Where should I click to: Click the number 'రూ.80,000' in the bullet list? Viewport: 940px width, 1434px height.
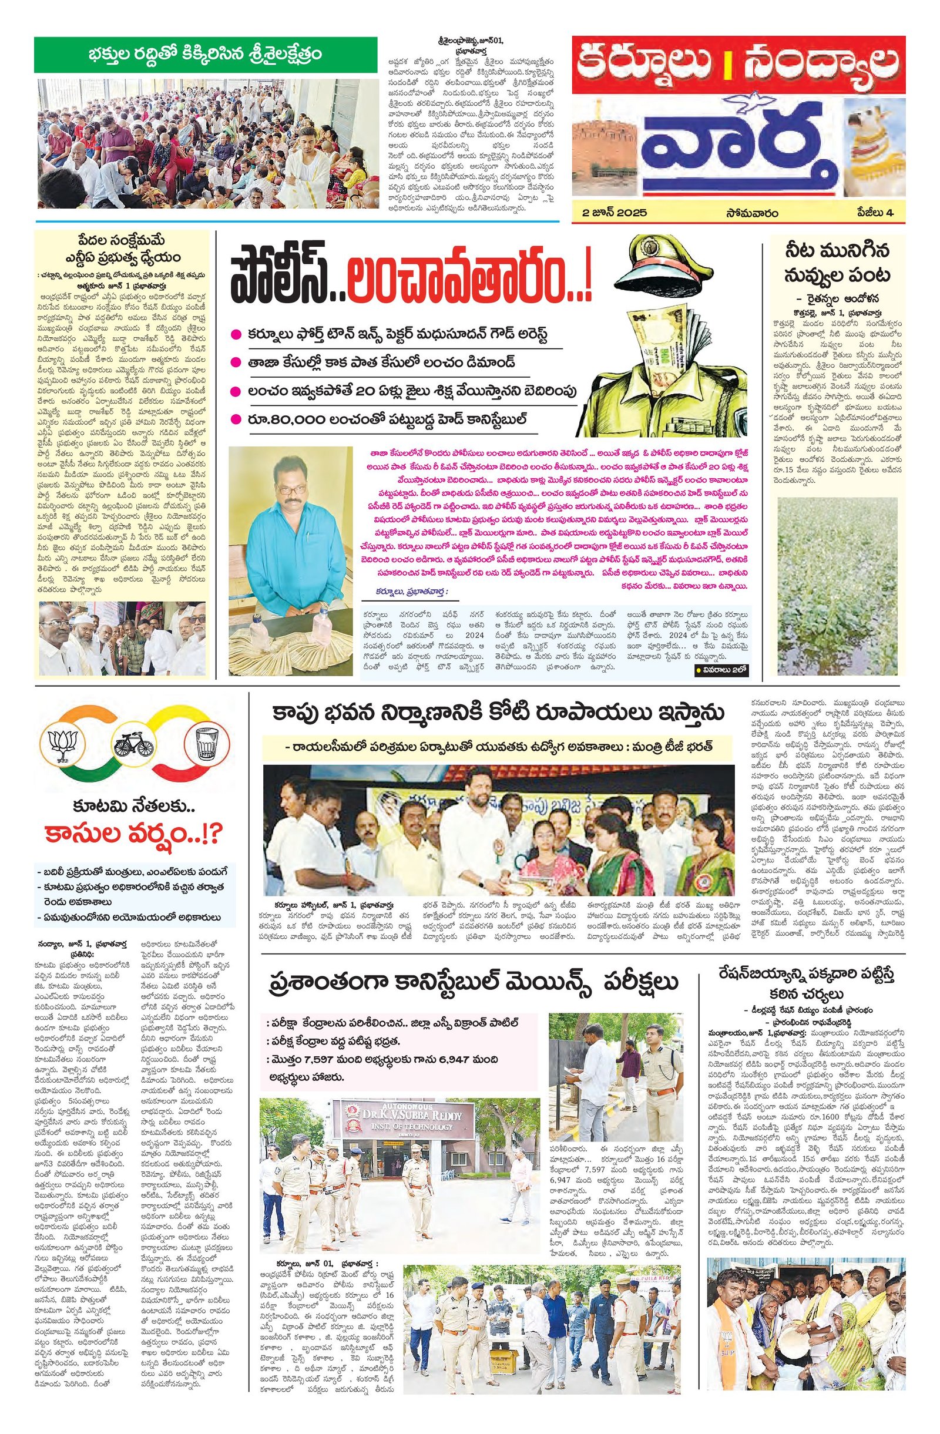pyautogui.click(x=286, y=418)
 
